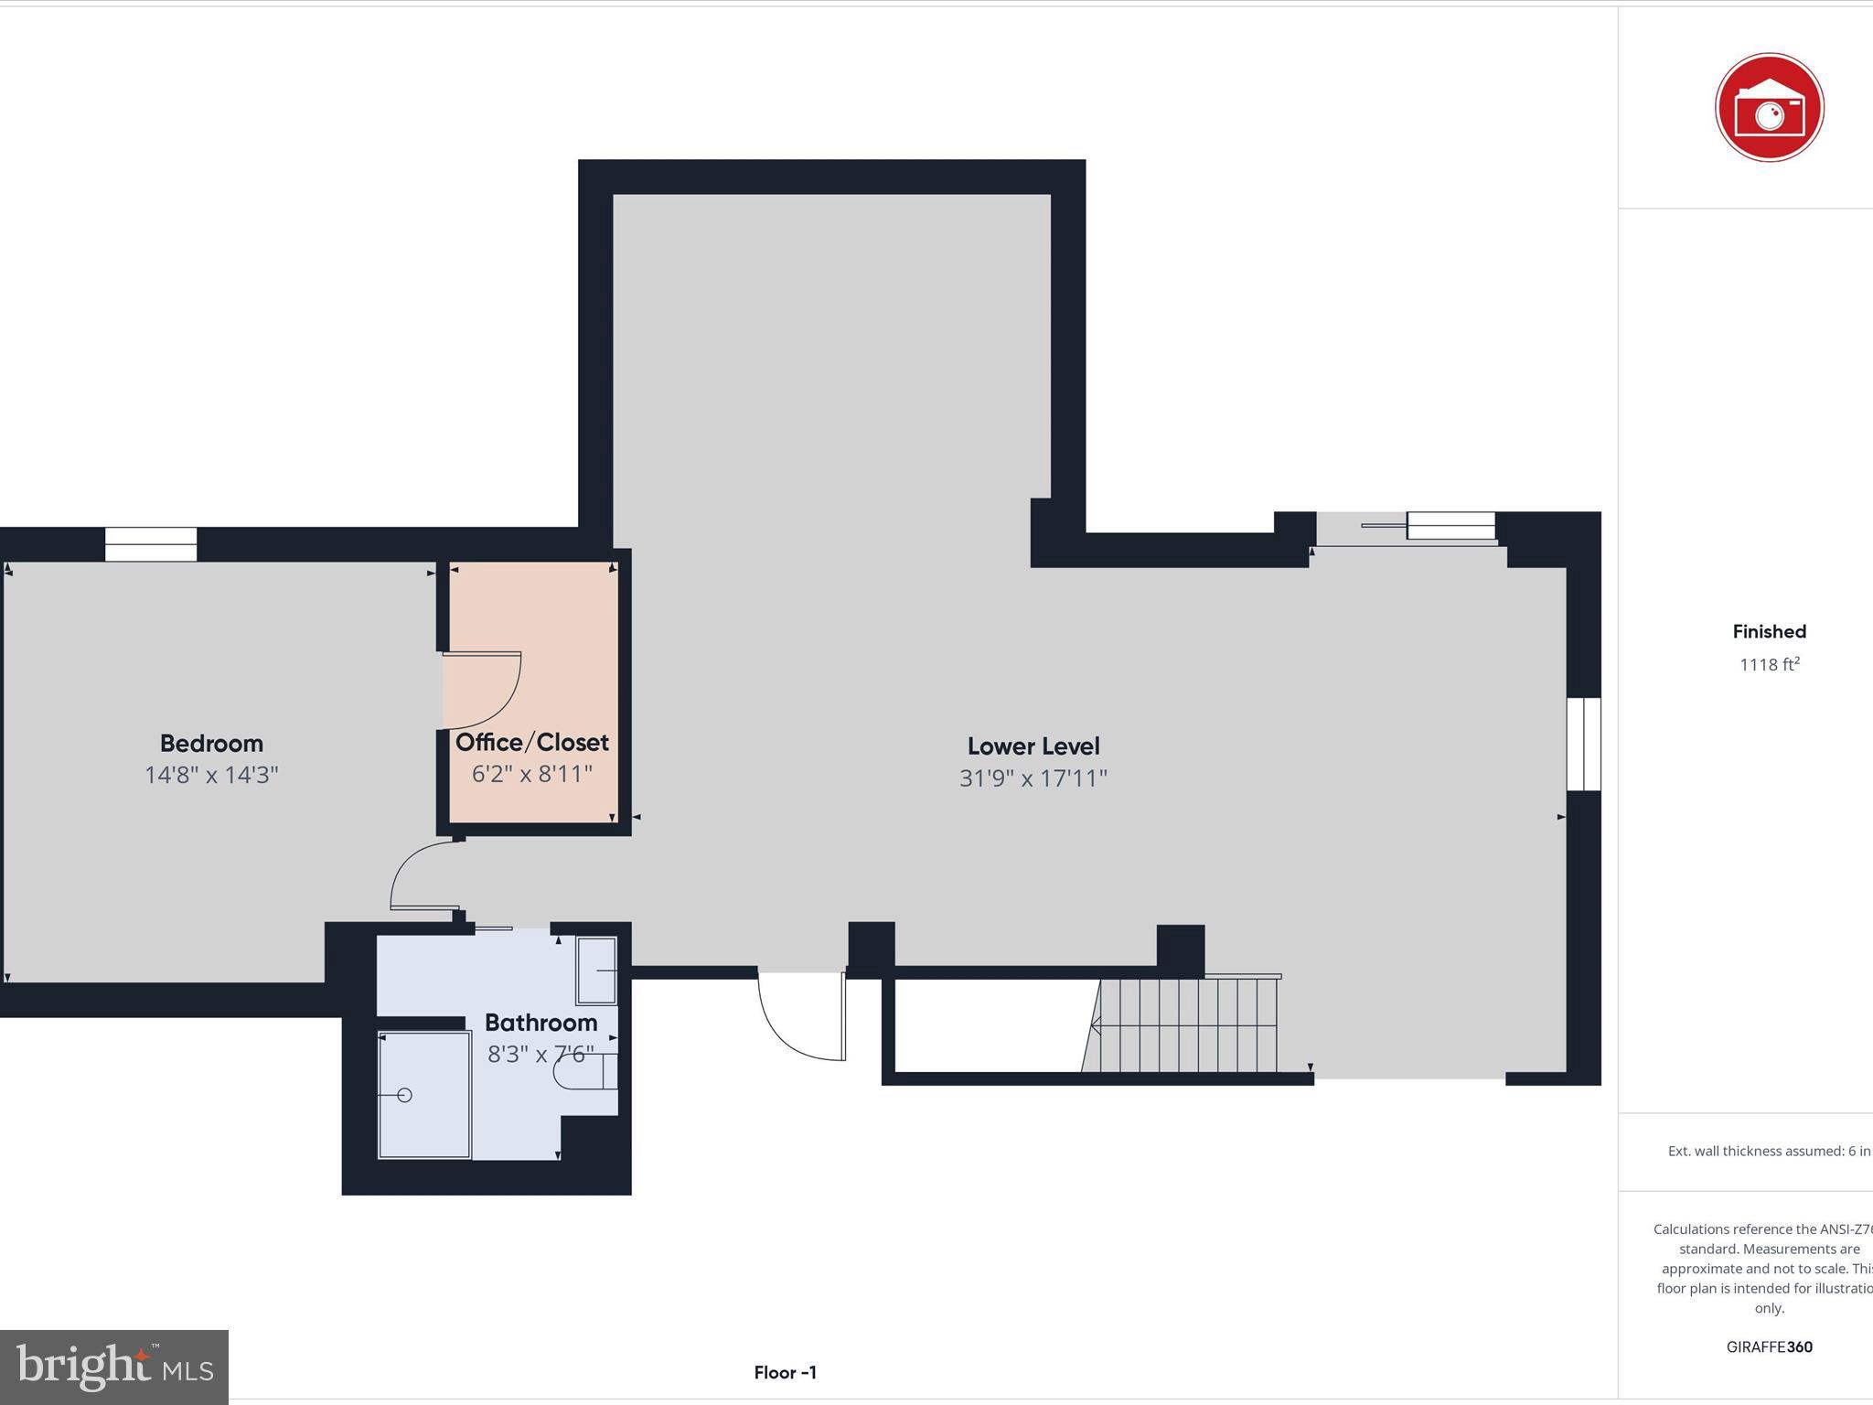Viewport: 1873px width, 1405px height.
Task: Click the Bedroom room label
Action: [211, 743]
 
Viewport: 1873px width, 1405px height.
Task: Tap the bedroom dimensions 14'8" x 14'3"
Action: [211, 775]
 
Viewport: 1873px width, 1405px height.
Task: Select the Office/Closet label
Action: [531, 742]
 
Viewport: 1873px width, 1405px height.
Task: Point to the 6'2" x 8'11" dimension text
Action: [531, 774]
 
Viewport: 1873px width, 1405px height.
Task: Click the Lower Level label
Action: [1033, 745]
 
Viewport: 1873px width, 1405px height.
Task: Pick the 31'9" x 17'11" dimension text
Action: [1033, 778]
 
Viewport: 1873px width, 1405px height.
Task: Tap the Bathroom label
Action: [540, 1022]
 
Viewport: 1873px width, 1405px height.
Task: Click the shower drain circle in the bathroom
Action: [404, 1095]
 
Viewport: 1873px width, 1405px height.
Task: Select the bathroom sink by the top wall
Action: [596, 970]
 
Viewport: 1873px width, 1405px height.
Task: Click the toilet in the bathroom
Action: [585, 1072]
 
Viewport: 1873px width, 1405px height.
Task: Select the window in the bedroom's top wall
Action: [151, 544]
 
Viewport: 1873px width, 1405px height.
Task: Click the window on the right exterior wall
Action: [1583, 744]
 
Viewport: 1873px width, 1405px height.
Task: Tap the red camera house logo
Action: [1769, 108]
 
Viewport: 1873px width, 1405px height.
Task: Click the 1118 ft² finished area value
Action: [1769, 665]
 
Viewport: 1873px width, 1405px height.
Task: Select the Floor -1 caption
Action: [785, 1372]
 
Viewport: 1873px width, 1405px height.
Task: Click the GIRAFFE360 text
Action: [1769, 1346]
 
